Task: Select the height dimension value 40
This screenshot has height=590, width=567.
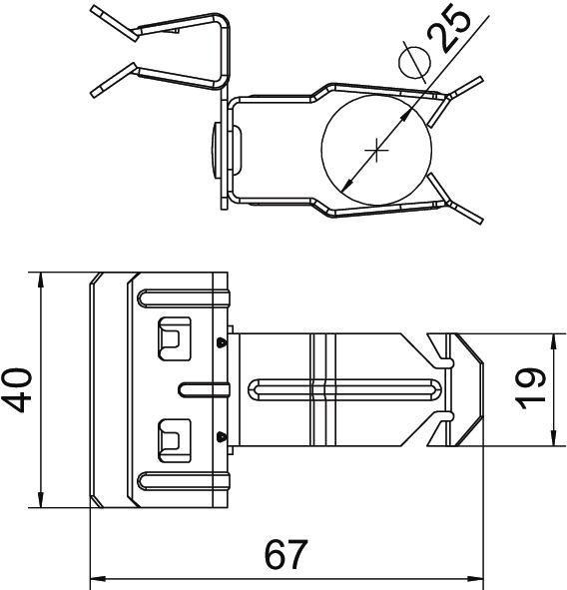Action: [19, 389]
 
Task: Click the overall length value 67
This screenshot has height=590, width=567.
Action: [285, 554]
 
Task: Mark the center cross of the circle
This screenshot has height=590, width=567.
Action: [376, 151]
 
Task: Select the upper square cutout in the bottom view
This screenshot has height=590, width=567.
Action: [174, 337]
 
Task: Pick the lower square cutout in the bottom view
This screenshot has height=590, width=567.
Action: [174, 436]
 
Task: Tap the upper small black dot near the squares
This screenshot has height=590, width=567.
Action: [220, 342]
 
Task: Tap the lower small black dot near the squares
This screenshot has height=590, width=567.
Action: [220, 434]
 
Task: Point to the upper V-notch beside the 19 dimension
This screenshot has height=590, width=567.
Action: [440, 349]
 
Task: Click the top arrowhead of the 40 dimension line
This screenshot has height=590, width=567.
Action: [40, 281]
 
